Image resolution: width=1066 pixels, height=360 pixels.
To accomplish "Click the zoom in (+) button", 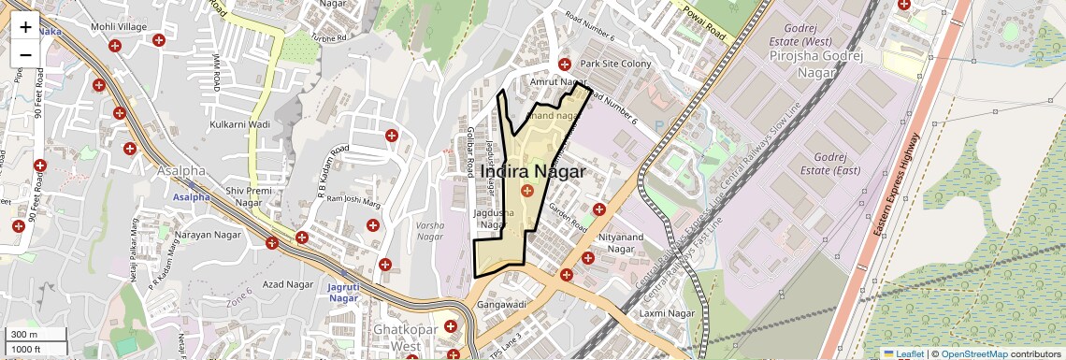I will click(25, 26).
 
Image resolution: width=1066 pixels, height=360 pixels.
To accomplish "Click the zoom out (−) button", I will click(25, 54).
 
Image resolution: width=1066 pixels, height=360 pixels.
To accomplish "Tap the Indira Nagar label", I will click(532, 172).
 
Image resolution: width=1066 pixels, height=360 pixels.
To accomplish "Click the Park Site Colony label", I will click(615, 64).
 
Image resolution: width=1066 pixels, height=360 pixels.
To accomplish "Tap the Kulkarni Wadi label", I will click(240, 124).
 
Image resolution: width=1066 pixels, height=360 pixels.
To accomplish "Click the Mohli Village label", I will click(119, 27).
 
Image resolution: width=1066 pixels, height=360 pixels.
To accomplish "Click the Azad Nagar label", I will click(287, 284).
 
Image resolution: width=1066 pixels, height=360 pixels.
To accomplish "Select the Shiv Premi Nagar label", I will click(249, 196).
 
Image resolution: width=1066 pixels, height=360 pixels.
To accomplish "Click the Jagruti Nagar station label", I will click(344, 292).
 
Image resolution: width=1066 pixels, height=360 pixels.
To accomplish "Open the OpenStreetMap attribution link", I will click(973, 353).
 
